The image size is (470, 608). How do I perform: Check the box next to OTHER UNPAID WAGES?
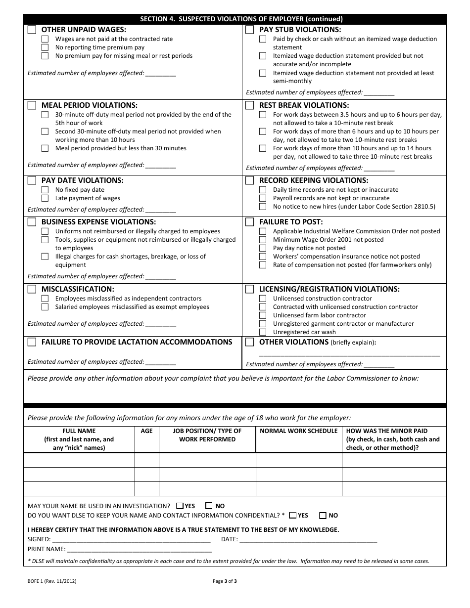pyautogui.click(x=32, y=30)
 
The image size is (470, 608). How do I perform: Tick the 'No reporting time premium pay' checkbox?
pyautogui.click(x=45, y=47)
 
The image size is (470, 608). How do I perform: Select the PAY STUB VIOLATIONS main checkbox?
pyautogui.click(x=250, y=30)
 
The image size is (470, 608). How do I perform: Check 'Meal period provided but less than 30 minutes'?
pyautogui.click(x=45, y=148)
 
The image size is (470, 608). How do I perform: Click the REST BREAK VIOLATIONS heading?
pyautogui.click(x=304, y=105)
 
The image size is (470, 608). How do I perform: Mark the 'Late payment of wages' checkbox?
pyautogui.click(x=45, y=198)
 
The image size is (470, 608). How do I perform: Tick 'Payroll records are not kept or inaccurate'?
pyautogui.click(x=263, y=198)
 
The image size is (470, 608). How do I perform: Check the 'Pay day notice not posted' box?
pyautogui.click(x=263, y=248)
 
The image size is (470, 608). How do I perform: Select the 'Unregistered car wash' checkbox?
pyautogui.click(x=263, y=332)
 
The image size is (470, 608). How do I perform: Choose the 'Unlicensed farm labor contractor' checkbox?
pyautogui.click(x=263, y=315)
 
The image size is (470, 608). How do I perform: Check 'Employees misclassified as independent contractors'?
pyautogui.click(x=45, y=299)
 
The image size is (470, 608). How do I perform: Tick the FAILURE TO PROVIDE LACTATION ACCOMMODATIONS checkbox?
pyautogui.click(x=32, y=342)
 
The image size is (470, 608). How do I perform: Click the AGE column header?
pyautogui.click(x=147, y=431)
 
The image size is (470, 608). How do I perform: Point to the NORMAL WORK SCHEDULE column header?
pyautogui.click(x=299, y=431)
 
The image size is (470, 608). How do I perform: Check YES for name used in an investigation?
pyautogui.click(x=180, y=506)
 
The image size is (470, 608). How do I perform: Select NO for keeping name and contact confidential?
pyautogui.click(x=323, y=516)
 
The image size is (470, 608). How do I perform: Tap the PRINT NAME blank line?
pyautogui.click(x=139, y=549)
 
